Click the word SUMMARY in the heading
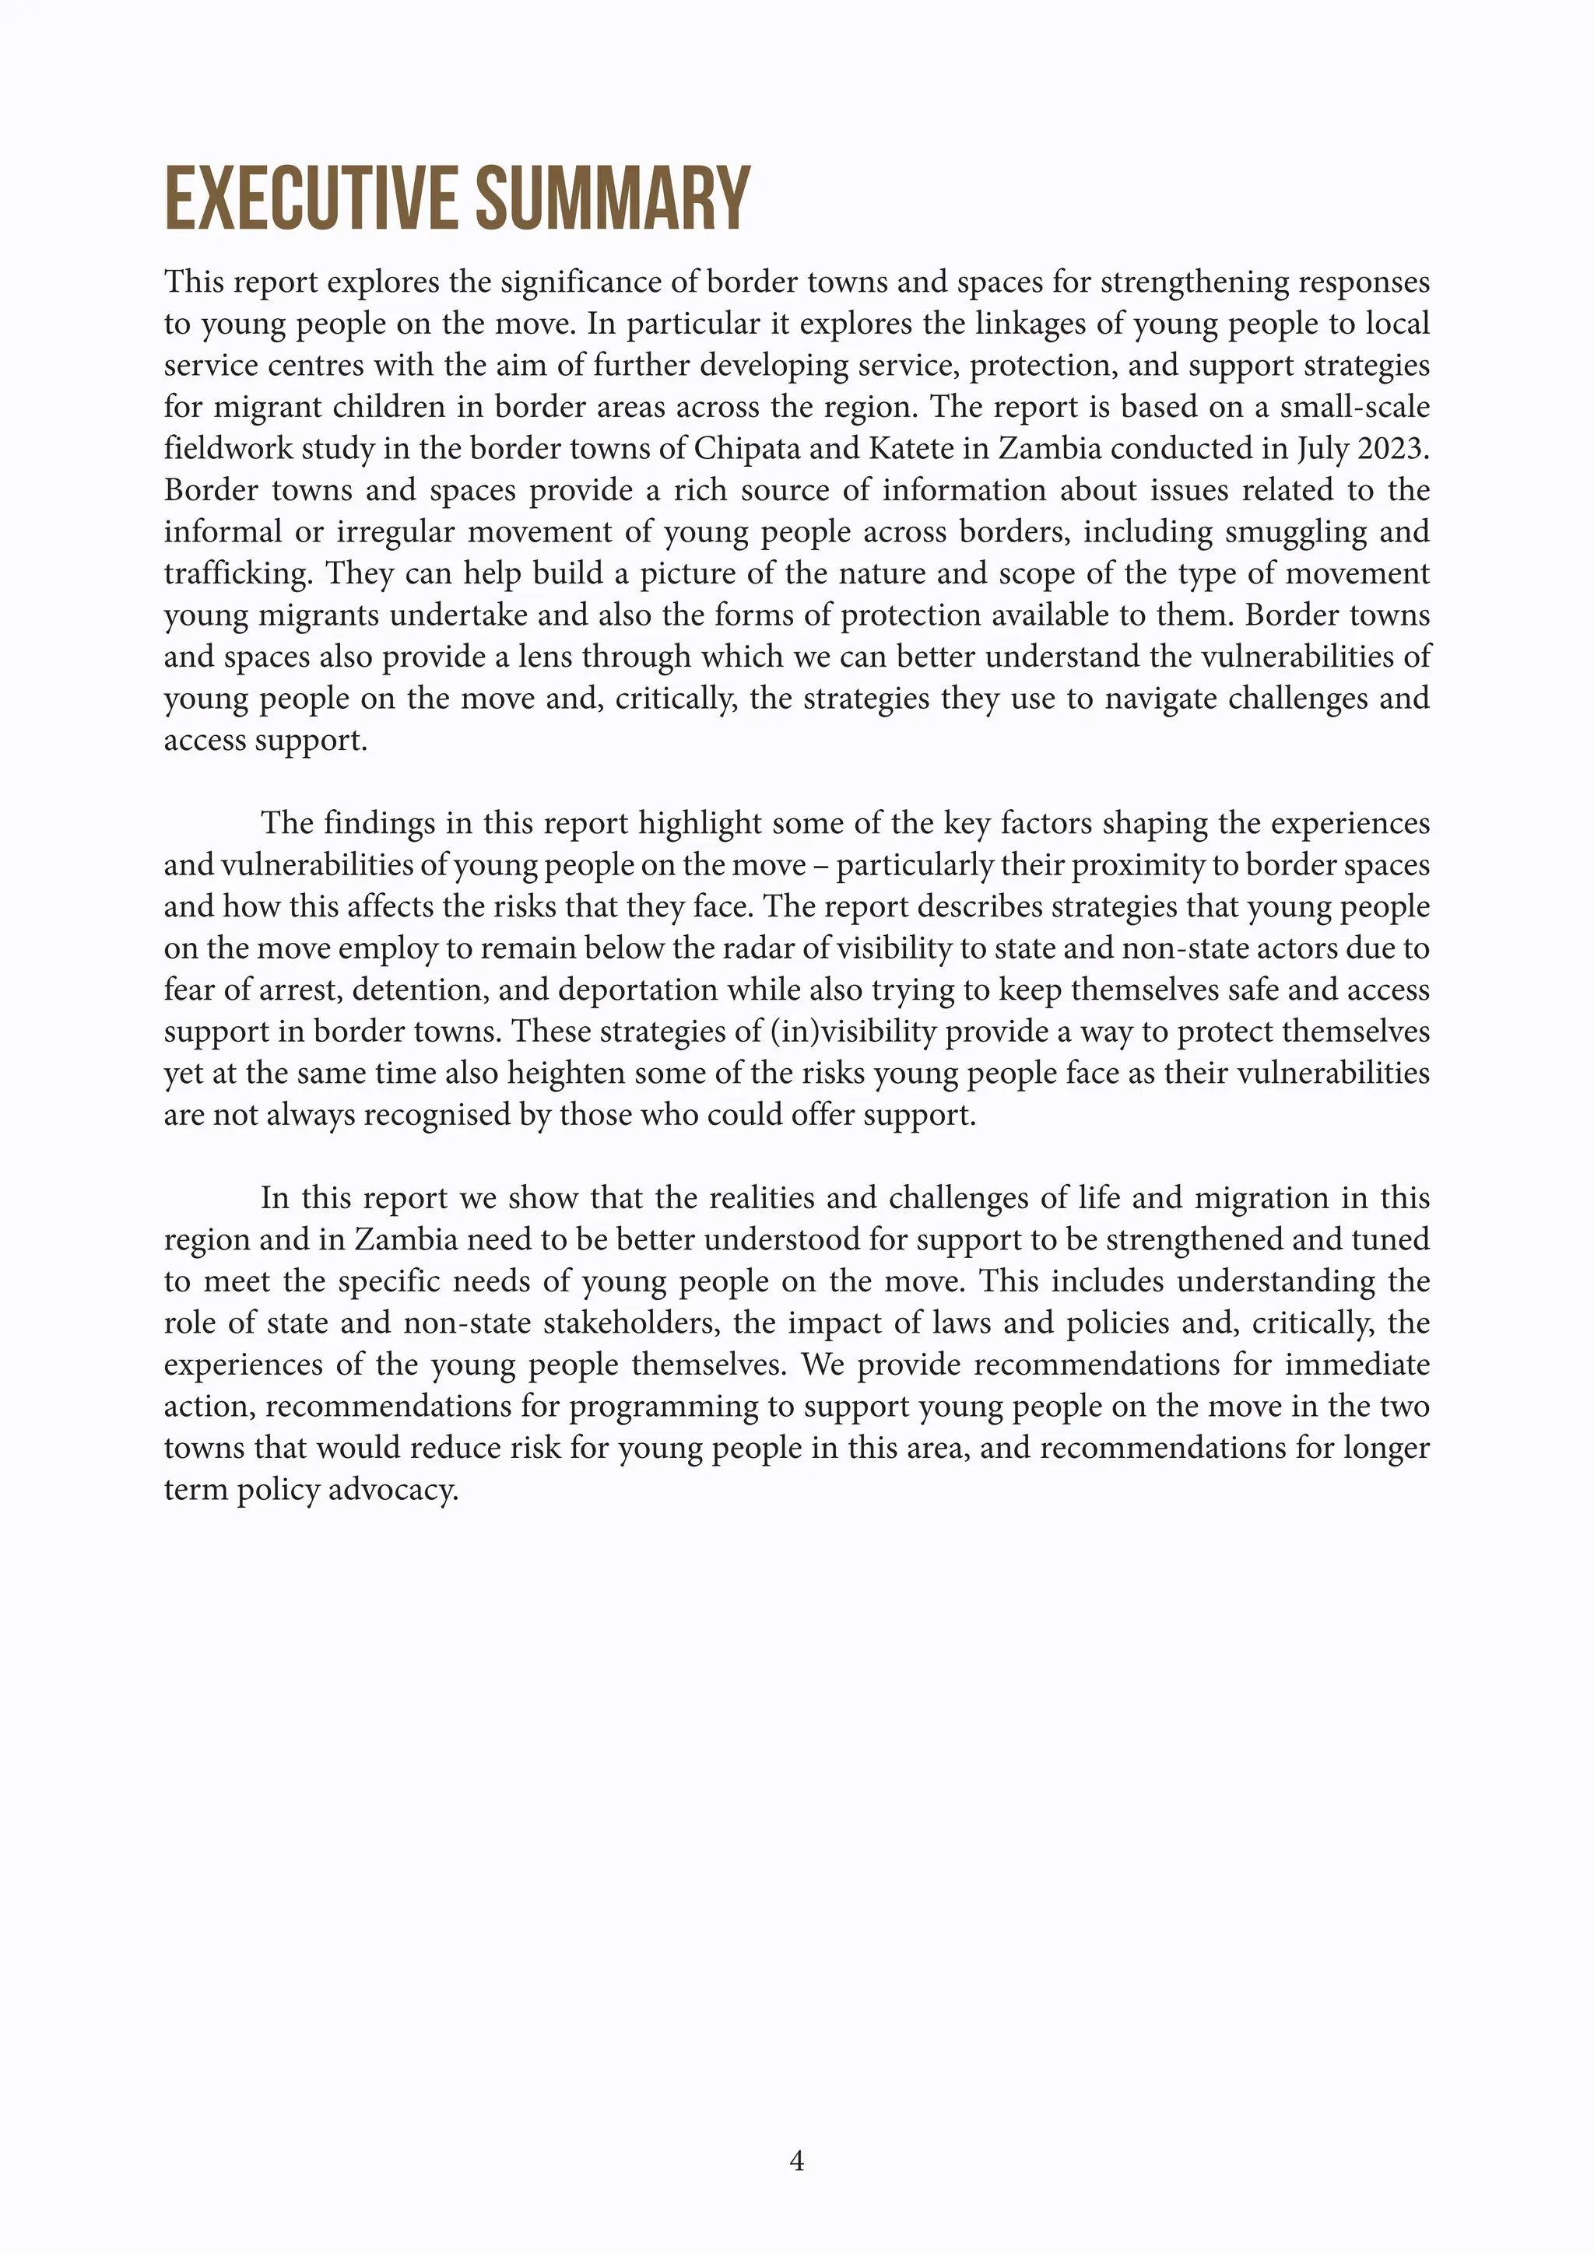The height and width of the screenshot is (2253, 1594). pos(613,200)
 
